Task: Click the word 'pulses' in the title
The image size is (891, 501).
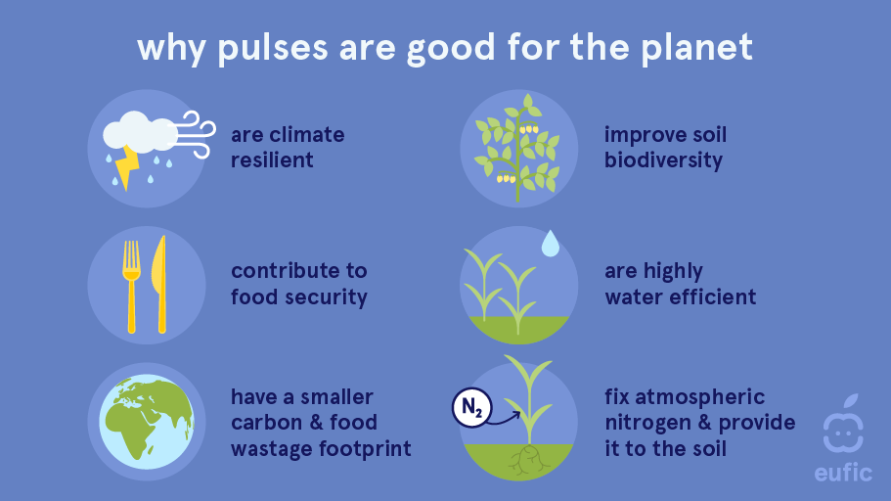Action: coord(273,48)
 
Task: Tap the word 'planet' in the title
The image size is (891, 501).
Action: coord(697,48)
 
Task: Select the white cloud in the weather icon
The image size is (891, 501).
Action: coord(139,133)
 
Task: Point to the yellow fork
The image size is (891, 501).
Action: coord(131,286)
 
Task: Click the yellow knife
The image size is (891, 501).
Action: coord(159,284)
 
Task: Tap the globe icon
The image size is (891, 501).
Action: coord(147,422)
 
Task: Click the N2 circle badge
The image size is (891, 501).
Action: coord(471,407)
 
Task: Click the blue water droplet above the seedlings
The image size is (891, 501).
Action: coord(550,244)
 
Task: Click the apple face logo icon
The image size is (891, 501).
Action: coord(843,424)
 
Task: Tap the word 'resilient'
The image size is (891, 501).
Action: coord(272,160)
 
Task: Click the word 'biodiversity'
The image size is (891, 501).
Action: coord(663,160)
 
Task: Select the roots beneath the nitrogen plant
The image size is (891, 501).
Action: coord(528,460)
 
